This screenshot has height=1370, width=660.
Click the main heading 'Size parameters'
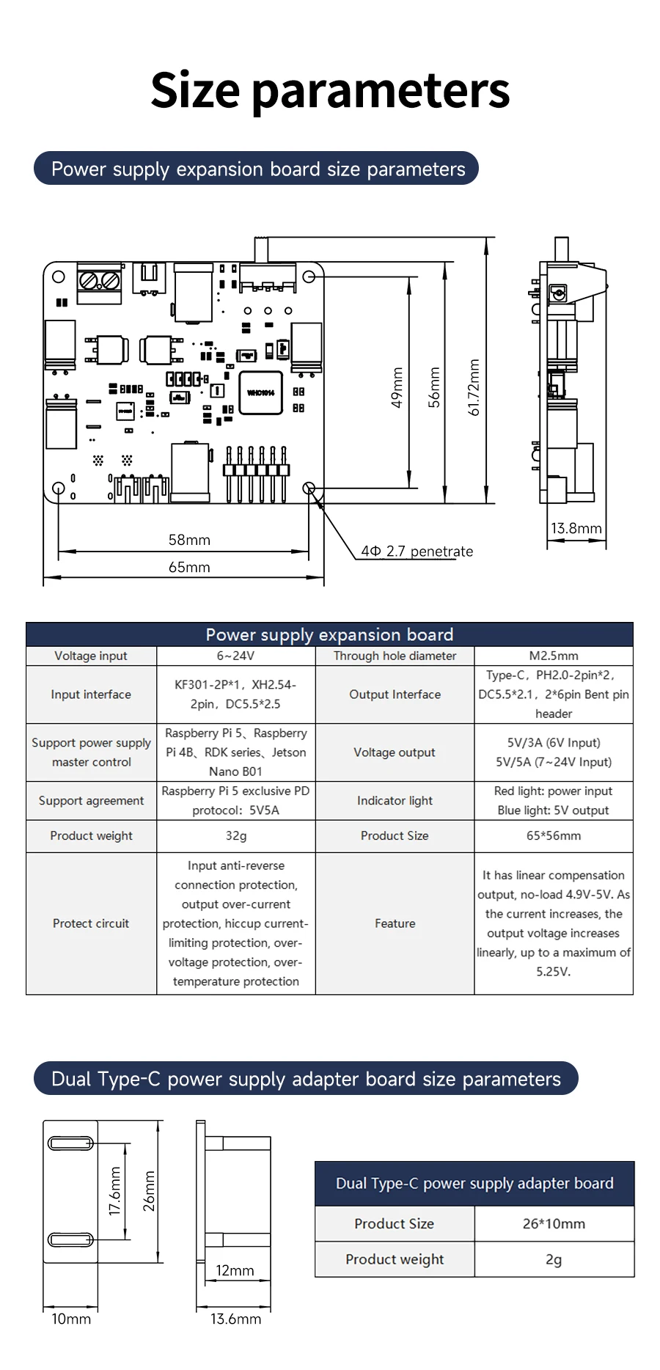click(x=330, y=90)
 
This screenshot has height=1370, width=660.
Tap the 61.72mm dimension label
click(x=474, y=387)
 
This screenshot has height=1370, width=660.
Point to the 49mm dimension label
click(x=397, y=387)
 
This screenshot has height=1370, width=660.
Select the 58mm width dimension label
click(x=189, y=540)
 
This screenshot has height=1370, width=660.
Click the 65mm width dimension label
click(x=189, y=567)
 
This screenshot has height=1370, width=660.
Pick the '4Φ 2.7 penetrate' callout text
click(x=417, y=552)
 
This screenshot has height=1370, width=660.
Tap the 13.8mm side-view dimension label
click(x=576, y=528)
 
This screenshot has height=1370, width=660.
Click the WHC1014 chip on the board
click(x=260, y=393)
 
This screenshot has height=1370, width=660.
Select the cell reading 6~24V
click(x=235, y=656)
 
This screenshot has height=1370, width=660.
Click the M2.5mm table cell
click(x=553, y=656)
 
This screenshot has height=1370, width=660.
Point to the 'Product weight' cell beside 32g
click(x=91, y=835)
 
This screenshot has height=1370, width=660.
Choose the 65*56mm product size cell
click(x=553, y=835)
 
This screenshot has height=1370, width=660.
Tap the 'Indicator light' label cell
click(x=395, y=800)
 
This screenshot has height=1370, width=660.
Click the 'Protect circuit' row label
click(x=91, y=923)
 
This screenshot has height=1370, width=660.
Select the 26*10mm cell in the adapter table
click(x=554, y=1223)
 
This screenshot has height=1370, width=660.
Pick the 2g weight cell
click(x=554, y=1259)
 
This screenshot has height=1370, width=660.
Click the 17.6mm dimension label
click(x=115, y=1191)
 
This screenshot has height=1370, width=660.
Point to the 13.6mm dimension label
click(x=235, y=1319)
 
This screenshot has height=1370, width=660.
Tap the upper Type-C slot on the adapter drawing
click(x=70, y=1143)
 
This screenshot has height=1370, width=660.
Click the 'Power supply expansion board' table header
click(x=329, y=634)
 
